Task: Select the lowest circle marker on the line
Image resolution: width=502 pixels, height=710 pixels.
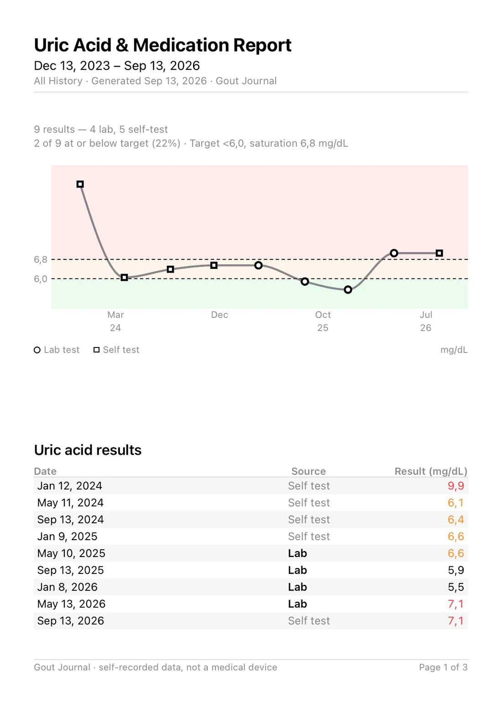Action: pyautogui.click(x=348, y=289)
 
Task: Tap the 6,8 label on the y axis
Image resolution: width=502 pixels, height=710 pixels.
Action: pyautogui.click(x=41, y=260)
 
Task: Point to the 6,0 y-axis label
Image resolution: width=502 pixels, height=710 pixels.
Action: pyautogui.click(x=41, y=279)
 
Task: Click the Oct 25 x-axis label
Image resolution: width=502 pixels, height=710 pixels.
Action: pyautogui.click(x=323, y=321)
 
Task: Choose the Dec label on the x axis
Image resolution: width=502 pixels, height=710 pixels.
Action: pyautogui.click(x=220, y=315)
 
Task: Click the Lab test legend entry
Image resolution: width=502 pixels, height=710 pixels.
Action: pyautogui.click(x=57, y=350)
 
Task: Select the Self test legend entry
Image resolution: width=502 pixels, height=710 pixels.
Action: pyautogui.click(x=116, y=350)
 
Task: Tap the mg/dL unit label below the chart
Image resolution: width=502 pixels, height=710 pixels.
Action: pyautogui.click(x=454, y=350)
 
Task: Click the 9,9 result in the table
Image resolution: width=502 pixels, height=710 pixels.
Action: pyautogui.click(x=456, y=486)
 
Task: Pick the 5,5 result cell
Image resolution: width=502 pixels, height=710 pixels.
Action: pyautogui.click(x=456, y=587)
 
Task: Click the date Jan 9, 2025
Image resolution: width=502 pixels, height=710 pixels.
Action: pyautogui.click(x=67, y=536)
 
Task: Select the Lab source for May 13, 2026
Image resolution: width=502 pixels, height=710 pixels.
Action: pyautogui.click(x=298, y=604)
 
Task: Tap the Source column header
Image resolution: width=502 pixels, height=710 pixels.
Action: pyautogui.click(x=309, y=471)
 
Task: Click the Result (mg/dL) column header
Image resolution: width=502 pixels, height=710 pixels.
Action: pyautogui.click(x=431, y=471)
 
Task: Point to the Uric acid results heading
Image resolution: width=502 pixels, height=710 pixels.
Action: pyautogui.click(x=88, y=450)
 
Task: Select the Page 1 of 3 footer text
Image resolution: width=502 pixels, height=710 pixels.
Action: pyautogui.click(x=444, y=667)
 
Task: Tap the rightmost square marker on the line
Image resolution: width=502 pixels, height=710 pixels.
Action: pyautogui.click(x=439, y=253)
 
